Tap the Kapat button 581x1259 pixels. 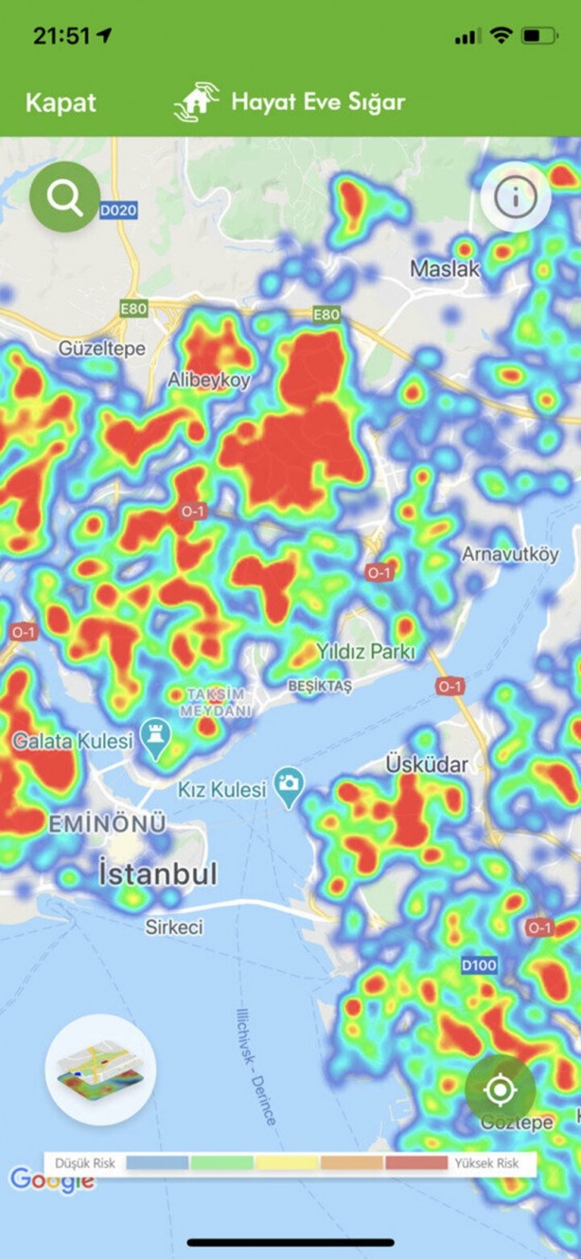coord(61,102)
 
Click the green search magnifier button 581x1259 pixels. coord(64,198)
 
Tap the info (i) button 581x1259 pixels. coord(516,197)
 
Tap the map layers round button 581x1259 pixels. coord(100,1069)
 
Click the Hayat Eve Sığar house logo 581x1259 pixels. coord(196,102)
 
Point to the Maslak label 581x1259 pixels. coord(445,269)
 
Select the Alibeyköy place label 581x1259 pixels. coord(208,380)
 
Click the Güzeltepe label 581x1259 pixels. coord(102,349)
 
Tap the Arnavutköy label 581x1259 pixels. coord(510,554)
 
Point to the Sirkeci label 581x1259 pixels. coord(174,926)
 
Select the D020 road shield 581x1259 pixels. coord(118,209)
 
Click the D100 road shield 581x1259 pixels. coord(480,964)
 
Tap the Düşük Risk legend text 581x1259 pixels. coord(85,1162)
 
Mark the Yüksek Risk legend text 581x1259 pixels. coord(486,1162)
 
